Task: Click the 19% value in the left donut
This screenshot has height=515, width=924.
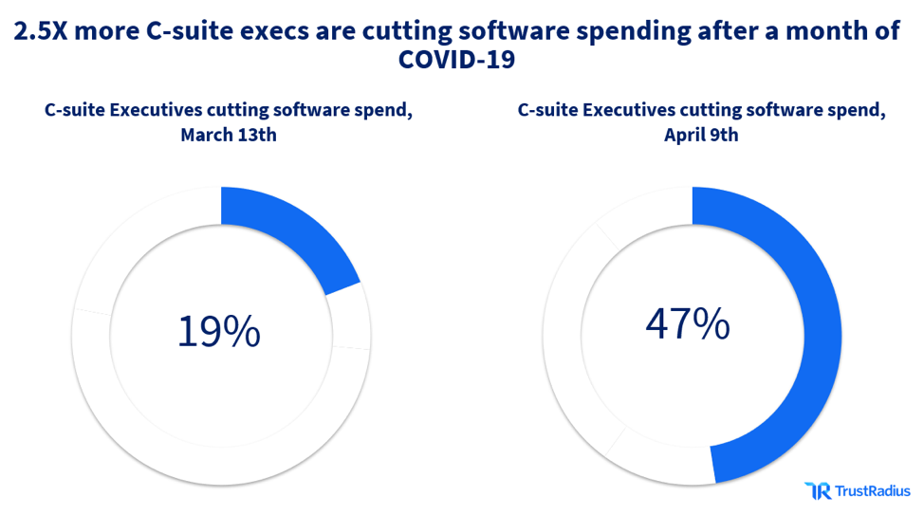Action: (x=218, y=331)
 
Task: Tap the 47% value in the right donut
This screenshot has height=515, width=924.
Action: (x=688, y=323)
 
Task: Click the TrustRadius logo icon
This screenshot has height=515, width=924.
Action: (x=817, y=490)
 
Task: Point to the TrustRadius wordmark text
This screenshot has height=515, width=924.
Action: (x=872, y=490)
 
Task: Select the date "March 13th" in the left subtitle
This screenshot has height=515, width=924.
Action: (x=229, y=135)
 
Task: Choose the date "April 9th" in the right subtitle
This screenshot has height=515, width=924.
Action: (x=701, y=135)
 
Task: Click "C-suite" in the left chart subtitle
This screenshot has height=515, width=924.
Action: (x=76, y=109)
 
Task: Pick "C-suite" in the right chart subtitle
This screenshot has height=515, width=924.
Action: (x=548, y=109)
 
